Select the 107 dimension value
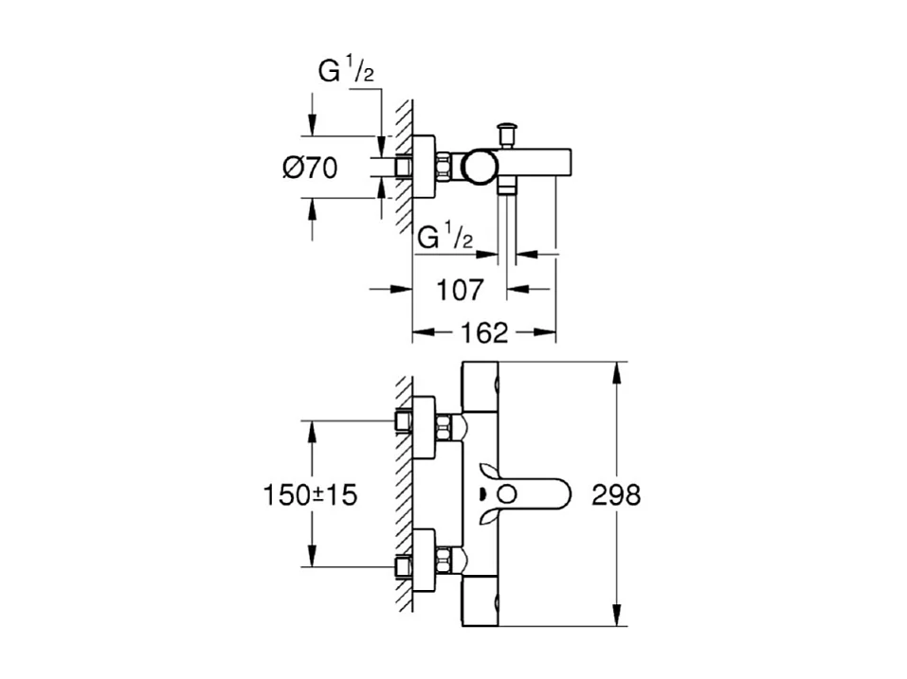[x=461, y=290]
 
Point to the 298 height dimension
[x=615, y=494]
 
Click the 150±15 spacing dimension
[x=310, y=494]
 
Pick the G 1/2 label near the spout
[x=444, y=236]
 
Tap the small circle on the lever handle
[x=508, y=493]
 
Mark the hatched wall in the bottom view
[x=404, y=492]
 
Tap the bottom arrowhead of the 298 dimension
[x=618, y=619]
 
